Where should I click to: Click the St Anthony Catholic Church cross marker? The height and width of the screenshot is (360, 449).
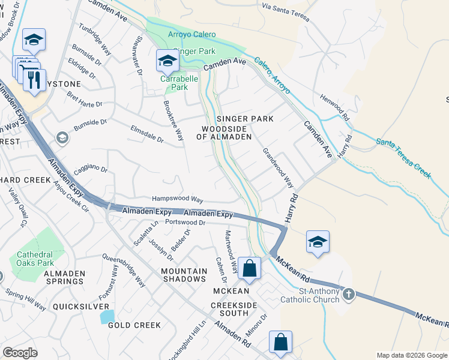tap(348, 295)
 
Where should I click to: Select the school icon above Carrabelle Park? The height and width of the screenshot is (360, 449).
tap(167, 61)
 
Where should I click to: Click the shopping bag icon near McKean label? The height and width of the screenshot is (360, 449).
tap(250, 268)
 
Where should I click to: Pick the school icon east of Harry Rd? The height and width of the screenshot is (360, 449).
tap(318, 242)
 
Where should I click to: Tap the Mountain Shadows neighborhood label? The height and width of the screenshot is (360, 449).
tap(184, 275)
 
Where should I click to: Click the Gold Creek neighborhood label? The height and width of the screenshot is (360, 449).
tap(134, 325)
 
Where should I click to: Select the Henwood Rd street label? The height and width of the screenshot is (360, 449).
tap(334, 105)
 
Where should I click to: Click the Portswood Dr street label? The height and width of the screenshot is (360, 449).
tap(185, 223)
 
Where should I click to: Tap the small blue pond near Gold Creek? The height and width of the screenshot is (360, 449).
tap(107, 316)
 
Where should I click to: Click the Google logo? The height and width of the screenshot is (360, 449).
tap(20, 352)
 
